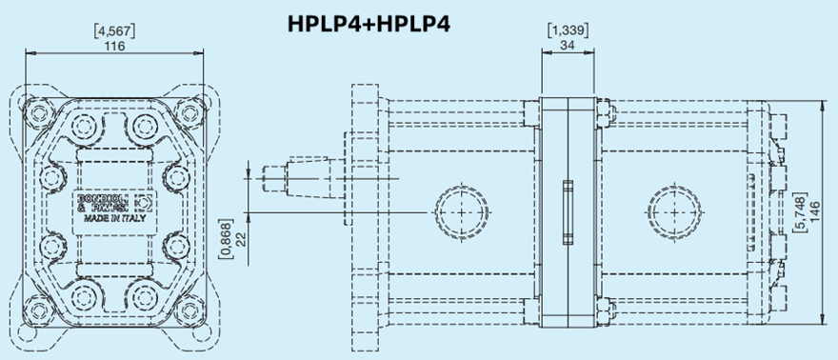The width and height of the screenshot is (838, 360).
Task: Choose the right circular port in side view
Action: click(673, 210)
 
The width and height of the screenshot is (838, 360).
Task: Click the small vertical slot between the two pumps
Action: click(569, 210)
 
